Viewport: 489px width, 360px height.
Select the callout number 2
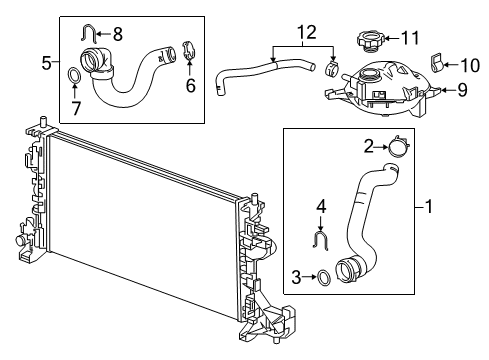[367, 148]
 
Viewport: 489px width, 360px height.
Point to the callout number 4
[322, 207]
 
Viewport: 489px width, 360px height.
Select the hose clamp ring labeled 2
[398, 149]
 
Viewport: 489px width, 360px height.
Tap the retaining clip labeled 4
[322, 240]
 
